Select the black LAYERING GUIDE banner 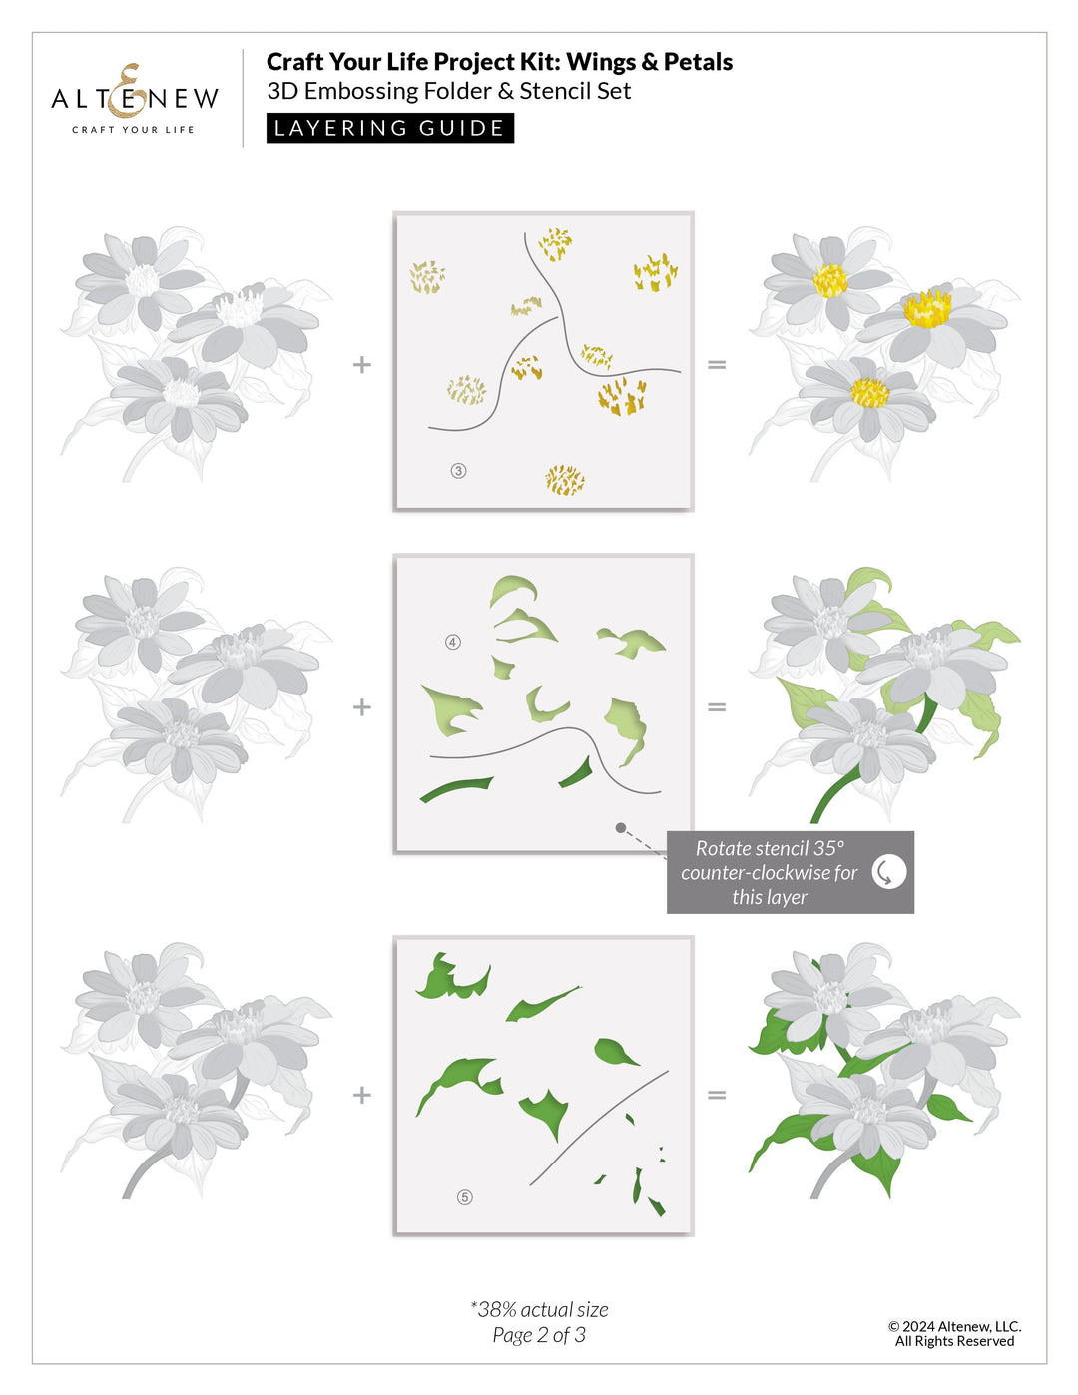click(x=389, y=128)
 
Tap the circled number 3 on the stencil click(x=459, y=471)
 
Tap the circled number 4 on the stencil click(x=453, y=642)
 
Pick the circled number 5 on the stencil click(x=464, y=1197)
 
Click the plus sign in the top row click(x=362, y=365)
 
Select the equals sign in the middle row click(x=717, y=707)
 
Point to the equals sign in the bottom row click(x=717, y=1095)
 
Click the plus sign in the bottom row click(x=362, y=1095)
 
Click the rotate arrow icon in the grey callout click(x=888, y=871)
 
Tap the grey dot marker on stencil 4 click(x=621, y=827)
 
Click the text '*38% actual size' click(x=539, y=1309)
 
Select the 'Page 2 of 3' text click(x=539, y=1335)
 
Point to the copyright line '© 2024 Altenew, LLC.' click(x=954, y=1326)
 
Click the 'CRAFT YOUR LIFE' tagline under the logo click(x=133, y=130)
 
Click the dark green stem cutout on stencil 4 click(x=455, y=789)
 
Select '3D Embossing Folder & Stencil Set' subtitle click(x=448, y=91)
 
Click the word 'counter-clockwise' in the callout click(x=769, y=873)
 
